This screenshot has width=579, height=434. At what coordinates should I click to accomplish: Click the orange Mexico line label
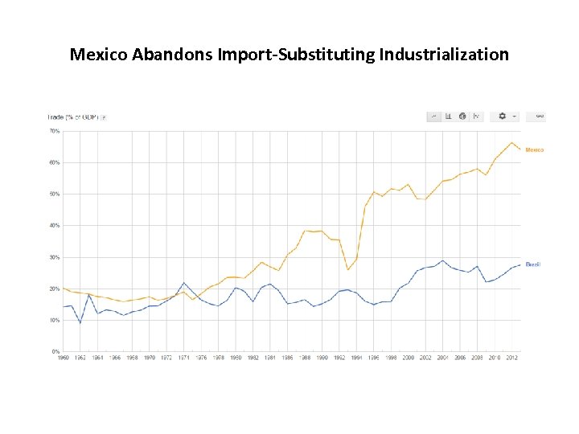[x=535, y=150]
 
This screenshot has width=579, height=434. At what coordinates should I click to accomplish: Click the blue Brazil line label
[x=533, y=264]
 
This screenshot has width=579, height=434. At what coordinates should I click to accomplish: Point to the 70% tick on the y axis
[x=55, y=130]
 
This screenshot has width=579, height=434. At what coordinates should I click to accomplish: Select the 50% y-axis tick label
[x=55, y=194]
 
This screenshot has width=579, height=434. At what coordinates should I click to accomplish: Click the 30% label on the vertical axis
[x=55, y=257]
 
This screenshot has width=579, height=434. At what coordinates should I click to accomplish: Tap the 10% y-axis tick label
[x=55, y=320]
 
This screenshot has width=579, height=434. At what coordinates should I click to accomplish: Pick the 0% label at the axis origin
[x=56, y=351]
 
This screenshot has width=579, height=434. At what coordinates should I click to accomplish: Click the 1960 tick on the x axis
[x=64, y=358]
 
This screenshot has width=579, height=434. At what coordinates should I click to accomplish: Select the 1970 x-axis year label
[x=150, y=358]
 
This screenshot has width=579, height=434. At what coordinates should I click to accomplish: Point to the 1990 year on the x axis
[x=322, y=358]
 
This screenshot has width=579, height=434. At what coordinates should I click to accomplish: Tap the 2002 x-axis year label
[x=425, y=358]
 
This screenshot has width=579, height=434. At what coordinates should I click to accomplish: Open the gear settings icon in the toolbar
[x=503, y=117]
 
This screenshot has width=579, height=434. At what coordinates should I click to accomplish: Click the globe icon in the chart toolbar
[x=462, y=117]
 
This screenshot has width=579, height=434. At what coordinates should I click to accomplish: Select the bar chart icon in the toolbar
[x=448, y=117]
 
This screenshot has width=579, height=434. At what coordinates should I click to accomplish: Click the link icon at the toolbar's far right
[x=540, y=117]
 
